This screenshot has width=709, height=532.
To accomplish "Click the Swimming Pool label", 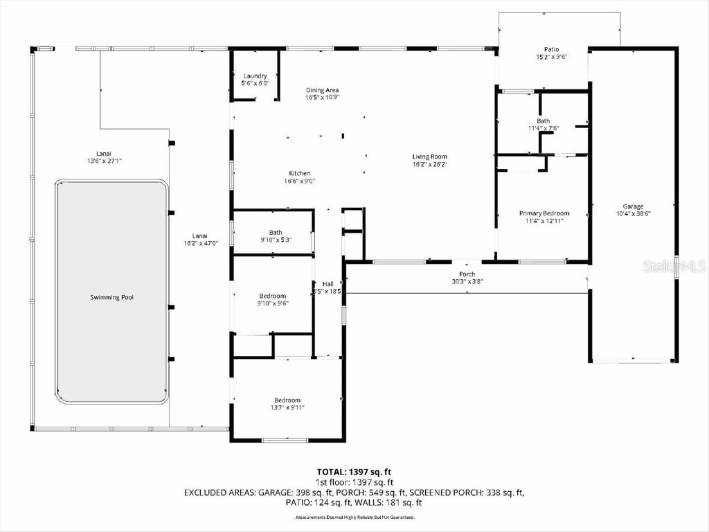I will point(111,298).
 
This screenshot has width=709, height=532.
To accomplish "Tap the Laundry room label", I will point(255,76).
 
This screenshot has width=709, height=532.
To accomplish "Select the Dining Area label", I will point(323,90).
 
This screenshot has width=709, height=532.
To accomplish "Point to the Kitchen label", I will point(300,173).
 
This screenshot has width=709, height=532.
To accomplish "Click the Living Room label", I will point(429,157).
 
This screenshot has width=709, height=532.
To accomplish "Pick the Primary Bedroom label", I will point(544,213).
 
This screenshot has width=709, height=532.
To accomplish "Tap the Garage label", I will point(633,206).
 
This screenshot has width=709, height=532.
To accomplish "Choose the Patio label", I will point(551,49).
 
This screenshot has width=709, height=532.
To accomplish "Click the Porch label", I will point(467,274).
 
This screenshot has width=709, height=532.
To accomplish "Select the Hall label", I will point(327,284).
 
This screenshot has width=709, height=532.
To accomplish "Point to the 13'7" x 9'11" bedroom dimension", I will point(287,408).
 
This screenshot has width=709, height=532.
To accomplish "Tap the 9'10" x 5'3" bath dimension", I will point(276,240).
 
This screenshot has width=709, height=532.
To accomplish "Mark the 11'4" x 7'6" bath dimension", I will point(544,128).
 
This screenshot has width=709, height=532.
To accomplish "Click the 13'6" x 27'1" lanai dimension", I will point(105,161).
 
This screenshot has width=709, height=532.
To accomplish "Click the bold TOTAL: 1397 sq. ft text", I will point(354,471).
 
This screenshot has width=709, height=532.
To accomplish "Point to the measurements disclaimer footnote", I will point(354,517).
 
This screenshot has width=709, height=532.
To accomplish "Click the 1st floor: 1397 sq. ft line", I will point(354,482).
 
